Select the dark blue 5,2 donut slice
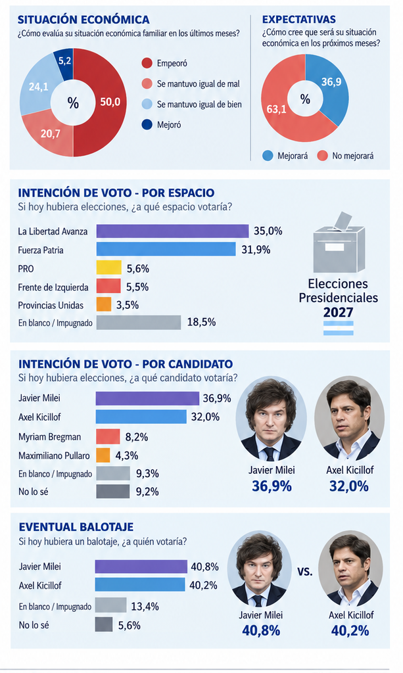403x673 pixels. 64,62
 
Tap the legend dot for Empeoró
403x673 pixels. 147,63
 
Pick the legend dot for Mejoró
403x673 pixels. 147,125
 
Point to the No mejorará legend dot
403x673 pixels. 322,156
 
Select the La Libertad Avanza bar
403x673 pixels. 172,231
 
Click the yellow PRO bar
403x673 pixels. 108,268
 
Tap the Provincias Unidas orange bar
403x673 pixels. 103,304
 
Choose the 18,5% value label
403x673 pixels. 201,322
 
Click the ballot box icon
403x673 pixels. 339,243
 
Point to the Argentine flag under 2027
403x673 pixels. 338,328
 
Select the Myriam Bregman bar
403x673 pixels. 108,436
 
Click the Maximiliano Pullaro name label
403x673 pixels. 54,455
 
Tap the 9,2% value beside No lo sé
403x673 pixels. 147,492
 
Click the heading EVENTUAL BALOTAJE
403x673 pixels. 76,526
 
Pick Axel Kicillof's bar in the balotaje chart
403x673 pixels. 140,584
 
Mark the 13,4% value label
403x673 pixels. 145,606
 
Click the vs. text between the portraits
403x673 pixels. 305,572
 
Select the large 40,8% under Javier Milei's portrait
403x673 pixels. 261,630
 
